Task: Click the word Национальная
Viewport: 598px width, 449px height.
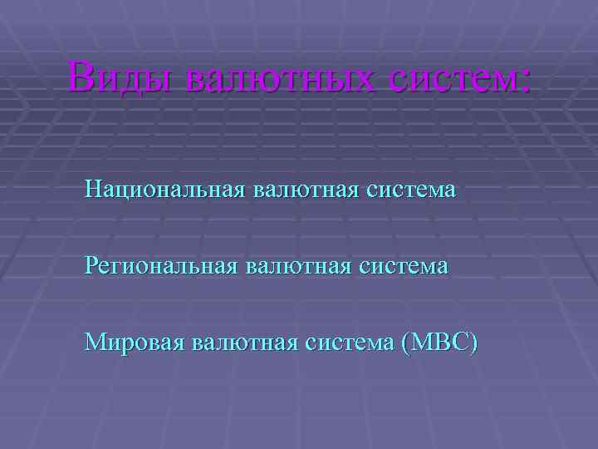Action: pos(164,190)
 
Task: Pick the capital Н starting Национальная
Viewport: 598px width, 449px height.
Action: pos(93,190)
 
